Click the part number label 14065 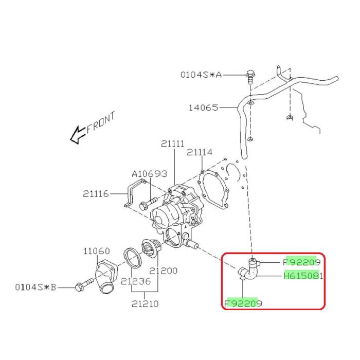point(203,107)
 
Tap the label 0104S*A point(201,75)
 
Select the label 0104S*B point(35,287)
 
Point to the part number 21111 point(173,143)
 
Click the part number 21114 point(200,152)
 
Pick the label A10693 point(150,174)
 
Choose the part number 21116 point(96,194)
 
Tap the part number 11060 point(97,251)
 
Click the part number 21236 point(136,281)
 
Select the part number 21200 point(163,271)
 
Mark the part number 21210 point(145,304)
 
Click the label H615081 point(303,276)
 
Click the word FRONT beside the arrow point(101,122)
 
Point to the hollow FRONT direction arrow point(78,135)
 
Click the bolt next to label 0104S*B point(85,284)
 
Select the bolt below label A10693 point(148,204)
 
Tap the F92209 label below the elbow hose point(243,303)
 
